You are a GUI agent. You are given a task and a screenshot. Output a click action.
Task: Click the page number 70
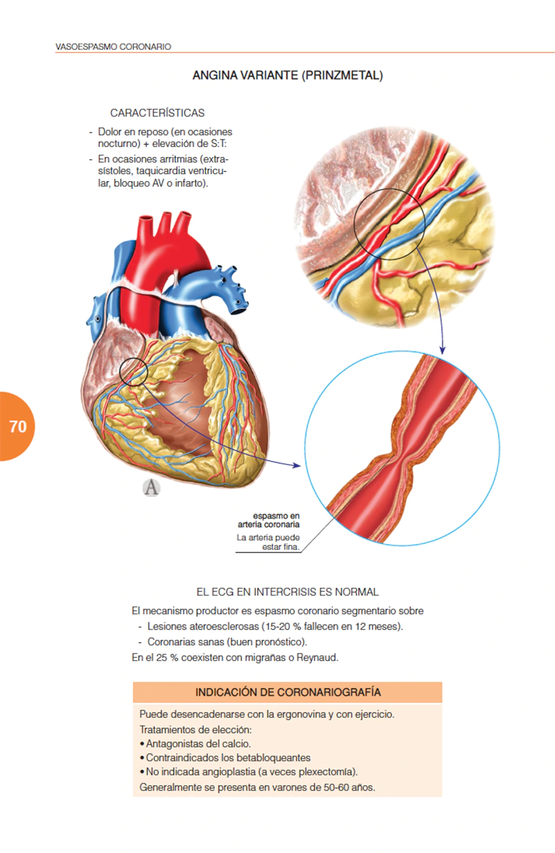18,426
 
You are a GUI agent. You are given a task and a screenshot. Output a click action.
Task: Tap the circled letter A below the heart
151,487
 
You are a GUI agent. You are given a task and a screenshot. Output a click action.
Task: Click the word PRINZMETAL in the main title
342,75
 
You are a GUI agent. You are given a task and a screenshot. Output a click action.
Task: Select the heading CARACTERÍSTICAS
157,112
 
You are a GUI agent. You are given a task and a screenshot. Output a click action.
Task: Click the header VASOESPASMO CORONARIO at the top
113,47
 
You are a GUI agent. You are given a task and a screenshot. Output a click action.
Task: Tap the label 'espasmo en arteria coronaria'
268,520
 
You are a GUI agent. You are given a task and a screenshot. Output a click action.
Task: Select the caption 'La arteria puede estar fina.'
268,542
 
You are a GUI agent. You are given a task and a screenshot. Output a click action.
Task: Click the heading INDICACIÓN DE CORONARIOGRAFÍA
288,692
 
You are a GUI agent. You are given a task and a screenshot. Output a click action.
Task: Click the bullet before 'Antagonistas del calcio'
142,744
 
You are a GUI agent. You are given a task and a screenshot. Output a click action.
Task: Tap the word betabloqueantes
275,758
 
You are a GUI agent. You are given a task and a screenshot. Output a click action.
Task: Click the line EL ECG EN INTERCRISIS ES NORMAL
287,592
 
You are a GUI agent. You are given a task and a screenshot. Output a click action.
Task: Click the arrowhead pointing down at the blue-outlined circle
442,350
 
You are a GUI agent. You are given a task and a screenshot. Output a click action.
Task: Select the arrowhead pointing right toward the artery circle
296,465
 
